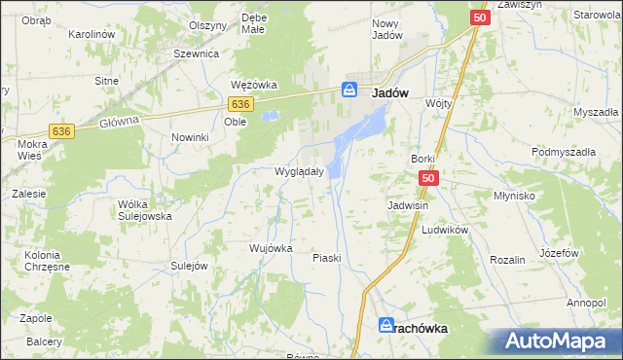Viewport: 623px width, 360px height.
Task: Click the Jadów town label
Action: point(389,90)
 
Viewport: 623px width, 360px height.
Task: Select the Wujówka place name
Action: point(271,248)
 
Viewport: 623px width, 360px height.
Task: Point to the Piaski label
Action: point(326,258)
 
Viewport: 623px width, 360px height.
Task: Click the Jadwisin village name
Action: point(409,206)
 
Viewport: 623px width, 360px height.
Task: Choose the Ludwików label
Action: point(446,230)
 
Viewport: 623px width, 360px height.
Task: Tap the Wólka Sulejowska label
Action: point(144,210)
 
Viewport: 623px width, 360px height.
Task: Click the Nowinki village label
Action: point(191,137)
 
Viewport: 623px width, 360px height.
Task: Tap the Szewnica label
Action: point(195,54)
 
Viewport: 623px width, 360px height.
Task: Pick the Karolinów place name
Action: point(92,34)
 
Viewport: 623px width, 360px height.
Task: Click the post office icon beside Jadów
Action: point(349,90)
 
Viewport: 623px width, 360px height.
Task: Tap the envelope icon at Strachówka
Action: point(385,328)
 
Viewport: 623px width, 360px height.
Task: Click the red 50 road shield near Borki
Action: point(429,179)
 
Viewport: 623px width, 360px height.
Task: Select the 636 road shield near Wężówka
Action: point(241,103)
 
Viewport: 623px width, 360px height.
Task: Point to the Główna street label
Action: point(120,121)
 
